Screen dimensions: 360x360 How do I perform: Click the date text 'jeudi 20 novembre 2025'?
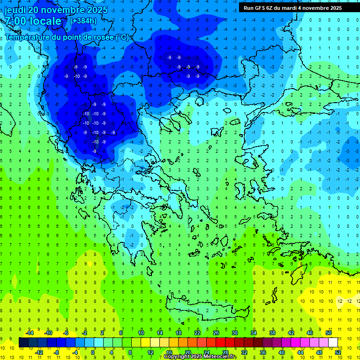coord(56,10)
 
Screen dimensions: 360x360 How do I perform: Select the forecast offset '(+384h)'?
coord(83,21)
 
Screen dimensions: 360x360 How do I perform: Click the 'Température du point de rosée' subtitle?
coord(67,37)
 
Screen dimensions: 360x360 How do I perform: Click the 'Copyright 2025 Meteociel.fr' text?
coord(200,357)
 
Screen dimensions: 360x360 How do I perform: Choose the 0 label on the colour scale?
coord(93,352)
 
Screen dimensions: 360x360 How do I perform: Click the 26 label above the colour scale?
coord(216,332)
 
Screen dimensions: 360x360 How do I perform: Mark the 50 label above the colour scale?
coord(329,332)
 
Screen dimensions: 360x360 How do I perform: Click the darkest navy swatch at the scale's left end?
coord(23,342)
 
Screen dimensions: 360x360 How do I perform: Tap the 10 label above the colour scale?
coord(141,332)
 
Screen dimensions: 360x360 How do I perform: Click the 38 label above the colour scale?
coord(272,332)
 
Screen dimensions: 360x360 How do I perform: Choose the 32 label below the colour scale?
coord(244,352)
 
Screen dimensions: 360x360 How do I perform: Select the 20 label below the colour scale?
coord(188,352)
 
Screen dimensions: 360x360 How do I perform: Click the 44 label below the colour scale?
coord(300,352)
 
